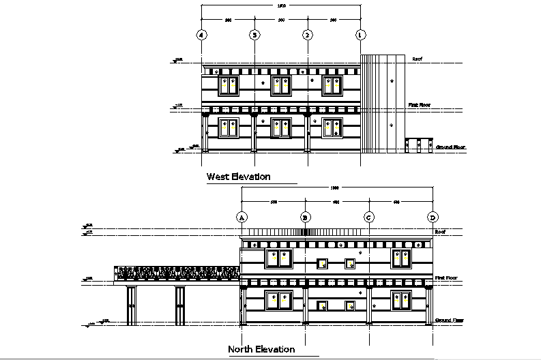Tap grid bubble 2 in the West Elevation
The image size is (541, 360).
(308, 34)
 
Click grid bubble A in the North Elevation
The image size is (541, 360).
(241, 217)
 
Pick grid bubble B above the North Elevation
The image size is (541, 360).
(306, 217)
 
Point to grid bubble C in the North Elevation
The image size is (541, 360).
(369, 217)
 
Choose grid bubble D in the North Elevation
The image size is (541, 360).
(433, 217)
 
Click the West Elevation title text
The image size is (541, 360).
(239, 177)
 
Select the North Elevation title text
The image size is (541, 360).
(261, 349)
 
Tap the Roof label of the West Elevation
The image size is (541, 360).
(418, 59)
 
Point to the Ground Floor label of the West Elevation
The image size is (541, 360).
(450, 147)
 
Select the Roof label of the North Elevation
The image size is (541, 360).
(440, 232)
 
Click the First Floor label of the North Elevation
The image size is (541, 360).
(448, 278)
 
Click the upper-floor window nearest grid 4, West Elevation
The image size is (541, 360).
(228, 85)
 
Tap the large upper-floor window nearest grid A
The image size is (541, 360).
(279, 258)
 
